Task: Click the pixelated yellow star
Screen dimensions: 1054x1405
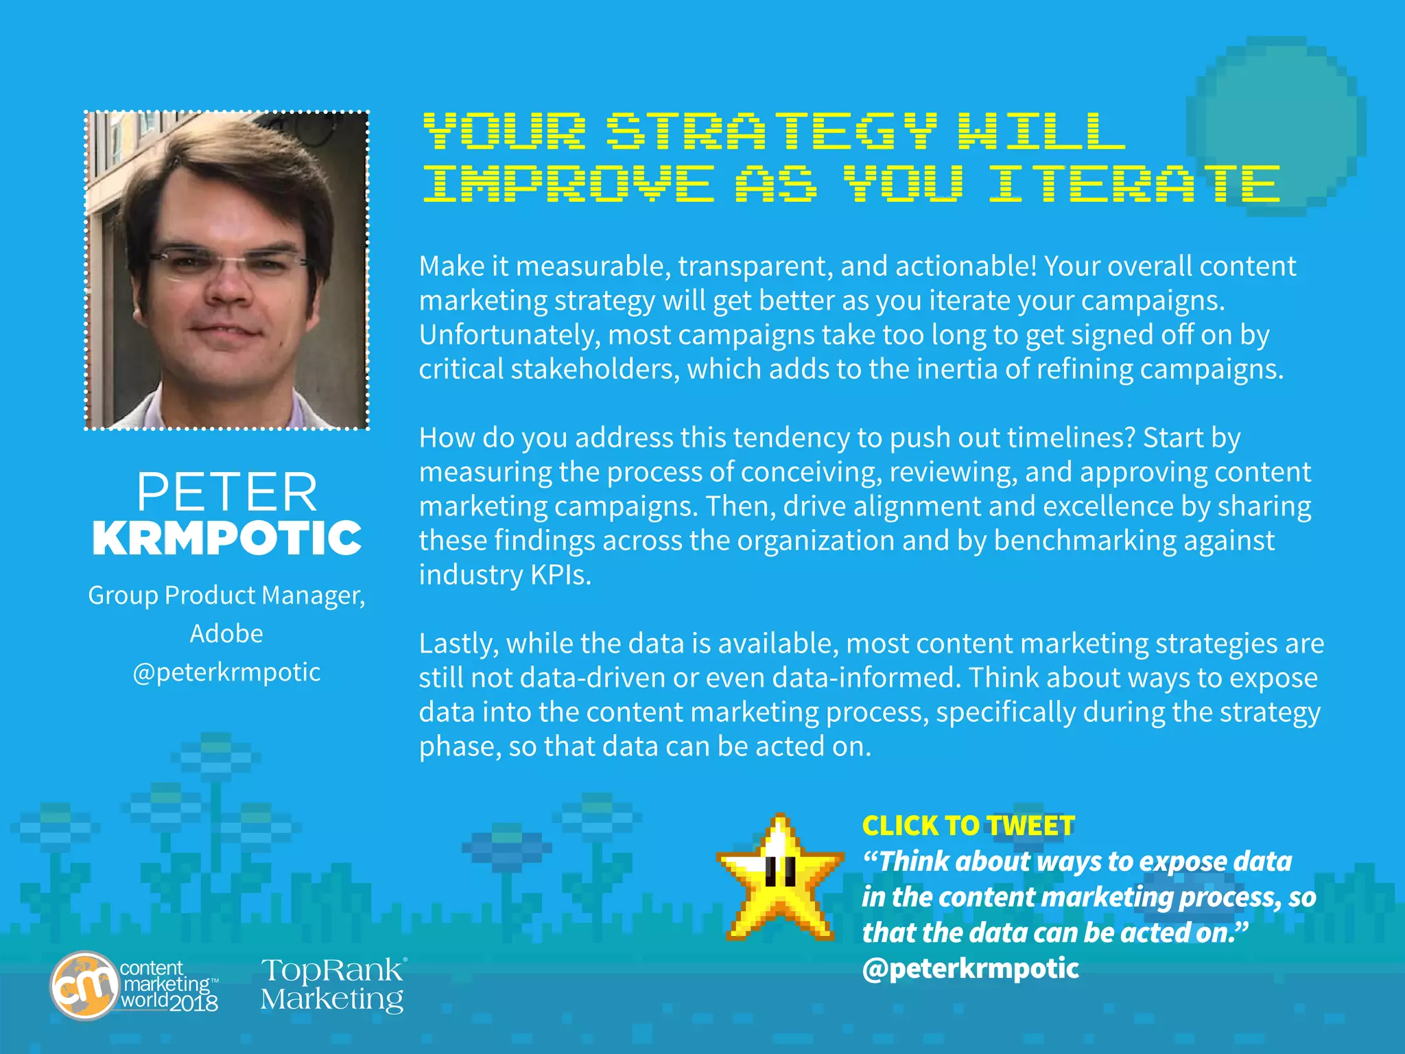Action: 780,878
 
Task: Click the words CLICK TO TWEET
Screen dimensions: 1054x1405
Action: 968,826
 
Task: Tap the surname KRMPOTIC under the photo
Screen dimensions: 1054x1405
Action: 227,538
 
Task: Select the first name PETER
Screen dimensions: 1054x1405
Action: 227,492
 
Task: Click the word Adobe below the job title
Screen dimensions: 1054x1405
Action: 226,633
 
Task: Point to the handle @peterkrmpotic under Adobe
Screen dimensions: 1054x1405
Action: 226,672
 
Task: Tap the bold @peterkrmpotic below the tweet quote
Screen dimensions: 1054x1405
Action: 970,968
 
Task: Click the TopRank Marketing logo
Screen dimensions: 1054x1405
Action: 333,985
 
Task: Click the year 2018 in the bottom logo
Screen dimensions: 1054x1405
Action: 194,1003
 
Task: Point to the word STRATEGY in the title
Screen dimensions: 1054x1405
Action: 772,131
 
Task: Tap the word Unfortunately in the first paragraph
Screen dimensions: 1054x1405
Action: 509,335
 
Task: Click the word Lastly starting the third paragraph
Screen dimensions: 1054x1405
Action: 458,644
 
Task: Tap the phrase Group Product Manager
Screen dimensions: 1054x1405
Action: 226,595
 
